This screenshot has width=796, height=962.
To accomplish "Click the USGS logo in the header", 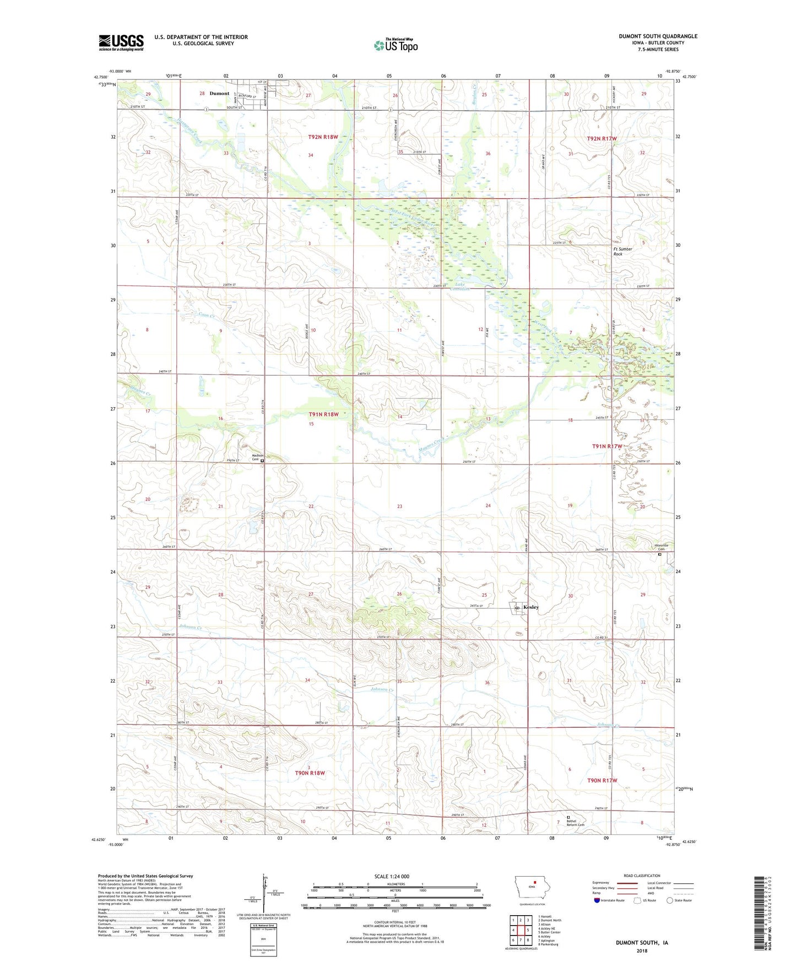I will [x=121, y=42].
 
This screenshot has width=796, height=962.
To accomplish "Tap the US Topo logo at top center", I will [x=396, y=45].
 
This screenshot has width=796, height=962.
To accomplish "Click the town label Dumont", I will [x=219, y=94].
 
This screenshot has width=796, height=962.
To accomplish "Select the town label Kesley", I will [x=531, y=607].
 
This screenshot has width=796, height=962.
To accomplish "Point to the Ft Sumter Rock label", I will [x=622, y=251].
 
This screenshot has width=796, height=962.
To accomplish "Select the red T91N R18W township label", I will [x=323, y=414].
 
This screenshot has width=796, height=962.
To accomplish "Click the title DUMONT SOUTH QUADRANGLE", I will [x=658, y=36].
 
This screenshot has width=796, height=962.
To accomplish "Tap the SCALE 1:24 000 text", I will [x=392, y=876].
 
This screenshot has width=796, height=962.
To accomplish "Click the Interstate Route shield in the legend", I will [x=598, y=900].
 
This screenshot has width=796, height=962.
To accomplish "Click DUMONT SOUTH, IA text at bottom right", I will [x=642, y=943].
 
